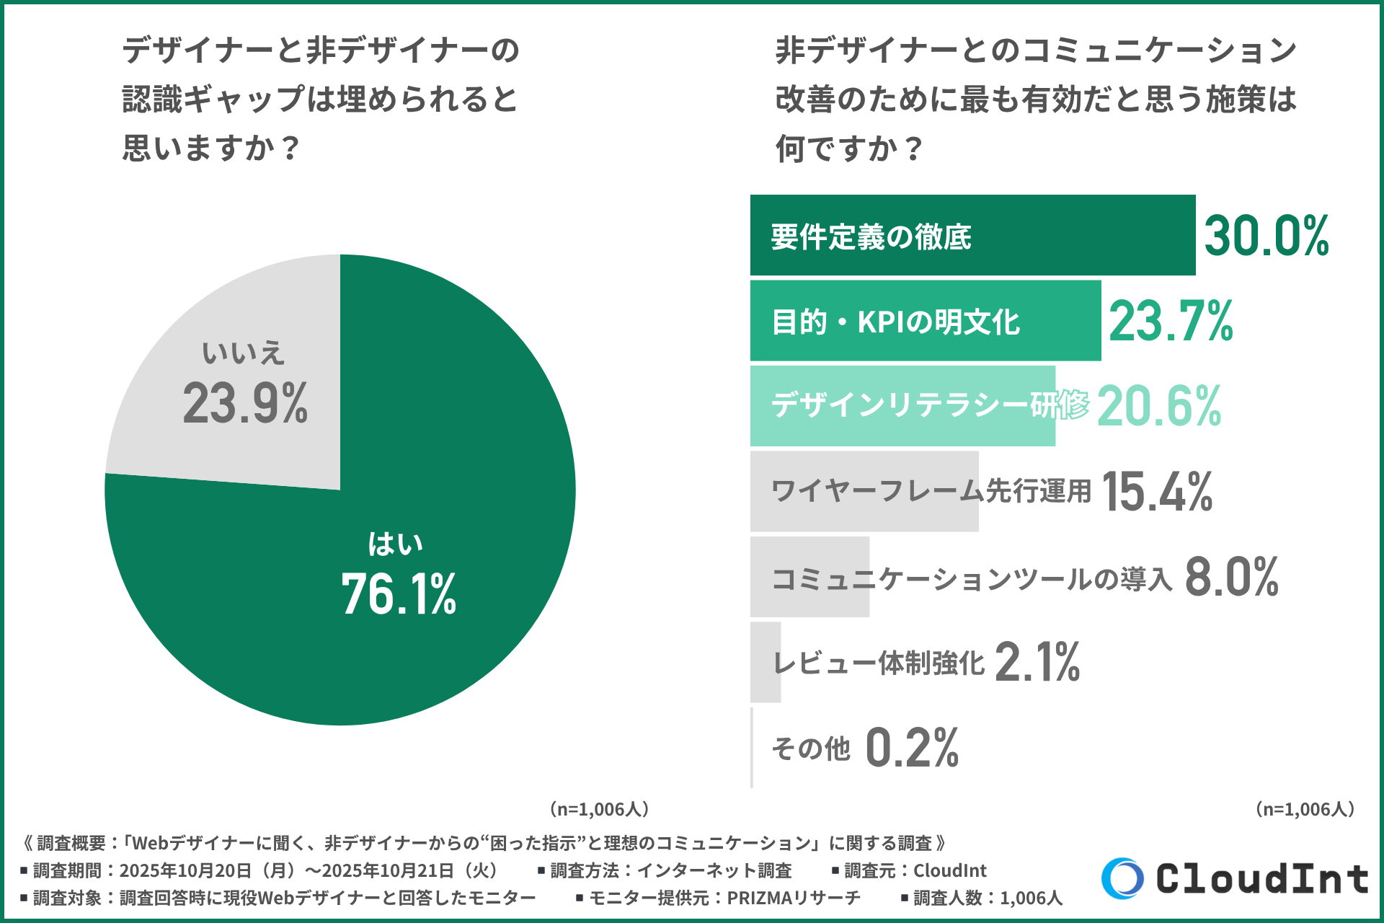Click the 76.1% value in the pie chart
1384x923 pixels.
pyautogui.click(x=399, y=594)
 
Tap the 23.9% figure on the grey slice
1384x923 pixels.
pyautogui.click(x=245, y=403)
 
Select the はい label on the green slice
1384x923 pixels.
pyautogui.click(x=395, y=544)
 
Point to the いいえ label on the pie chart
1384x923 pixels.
pyautogui.click(x=243, y=353)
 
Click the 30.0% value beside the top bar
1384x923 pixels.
pyautogui.click(x=1267, y=236)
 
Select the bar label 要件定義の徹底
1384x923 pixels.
pyautogui.click(x=871, y=237)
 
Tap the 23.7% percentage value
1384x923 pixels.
pyautogui.click(x=1171, y=321)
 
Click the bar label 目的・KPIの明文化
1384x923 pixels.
pyautogui.click(x=895, y=322)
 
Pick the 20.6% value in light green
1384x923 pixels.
pyautogui.click(x=1159, y=406)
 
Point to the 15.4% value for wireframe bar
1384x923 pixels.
pyautogui.click(x=1157, y=492)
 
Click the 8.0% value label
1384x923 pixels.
pyautogui.click(x=1232, y=577)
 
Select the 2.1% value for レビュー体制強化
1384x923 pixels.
pyautogui.click(x=1037, y=662)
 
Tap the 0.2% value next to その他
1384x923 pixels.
pyautogui.click(x=912, y=748)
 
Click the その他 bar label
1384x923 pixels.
pyautogui.click(x=811, y=748)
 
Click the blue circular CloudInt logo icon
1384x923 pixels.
pyautogui.click(x=1122, y=878)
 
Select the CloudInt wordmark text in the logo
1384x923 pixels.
pyautogui.click(x=1262, y=878)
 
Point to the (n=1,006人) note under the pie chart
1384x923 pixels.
pyautogui.click(x=599, y=809)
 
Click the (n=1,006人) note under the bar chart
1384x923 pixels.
pyautogui.click(x=1305, y=809)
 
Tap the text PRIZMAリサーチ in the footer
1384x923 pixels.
pyautogui.click(x=794, y=898)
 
